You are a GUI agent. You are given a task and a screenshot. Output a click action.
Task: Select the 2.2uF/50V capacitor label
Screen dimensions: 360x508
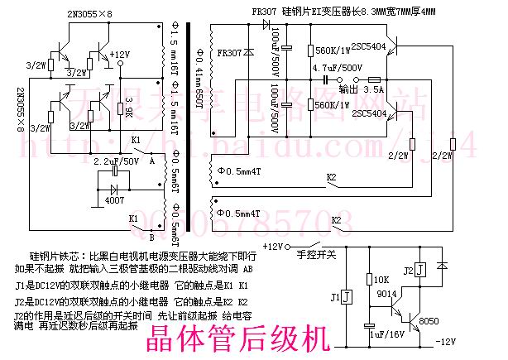pyautogui.click(x=116, y=161)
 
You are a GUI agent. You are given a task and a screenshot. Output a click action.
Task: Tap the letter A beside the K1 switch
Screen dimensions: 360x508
pyautogui.click(x=152, y=162)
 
